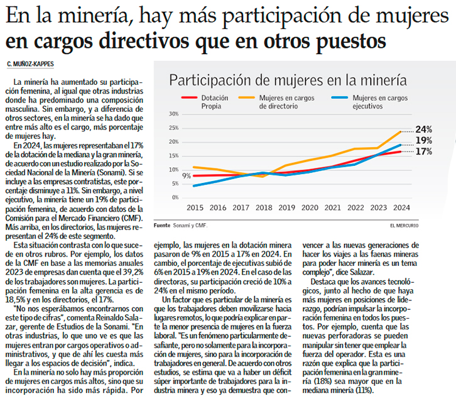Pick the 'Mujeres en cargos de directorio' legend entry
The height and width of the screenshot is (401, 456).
click(x=286, y=102)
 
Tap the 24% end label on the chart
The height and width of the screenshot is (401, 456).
click(x=424, y=129)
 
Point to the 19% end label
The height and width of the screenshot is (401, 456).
click(x=424, y=141)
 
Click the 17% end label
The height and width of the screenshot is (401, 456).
click(x=424, y=151)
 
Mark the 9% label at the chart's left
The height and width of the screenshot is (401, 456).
click(x=187, y=176)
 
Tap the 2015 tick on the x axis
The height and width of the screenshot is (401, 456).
click(x=195, y=207)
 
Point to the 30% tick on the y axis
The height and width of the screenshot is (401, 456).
click(x=174, y=114)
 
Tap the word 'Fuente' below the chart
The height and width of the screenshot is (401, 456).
click(x=161, y=224)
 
